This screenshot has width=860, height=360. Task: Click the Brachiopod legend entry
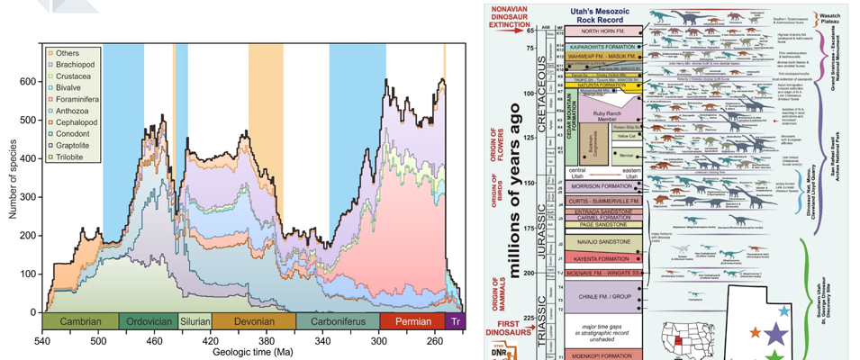pyautogui.click(x=73, y=65)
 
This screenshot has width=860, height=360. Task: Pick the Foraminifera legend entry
pyautogui.click(x=77, y=99)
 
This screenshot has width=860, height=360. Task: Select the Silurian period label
pyautogui.click(x=194, y=321)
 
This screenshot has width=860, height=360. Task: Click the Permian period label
pyautogui.click(x=412, y=321)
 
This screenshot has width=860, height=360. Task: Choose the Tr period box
pyautogui.click(x=455, y=321)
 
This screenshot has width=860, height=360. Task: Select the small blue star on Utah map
pyautogui.click(x=784, y=310)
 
